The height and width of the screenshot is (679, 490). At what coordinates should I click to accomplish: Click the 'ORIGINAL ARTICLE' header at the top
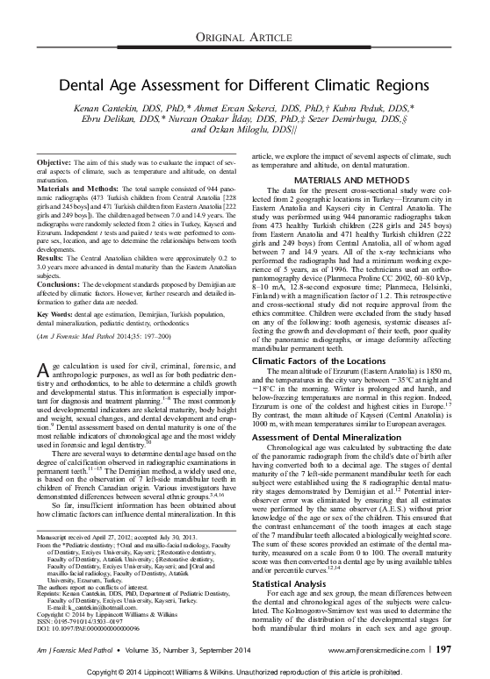point(245,34)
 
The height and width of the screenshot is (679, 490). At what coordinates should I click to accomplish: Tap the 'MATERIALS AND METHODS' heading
point(356,180)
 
